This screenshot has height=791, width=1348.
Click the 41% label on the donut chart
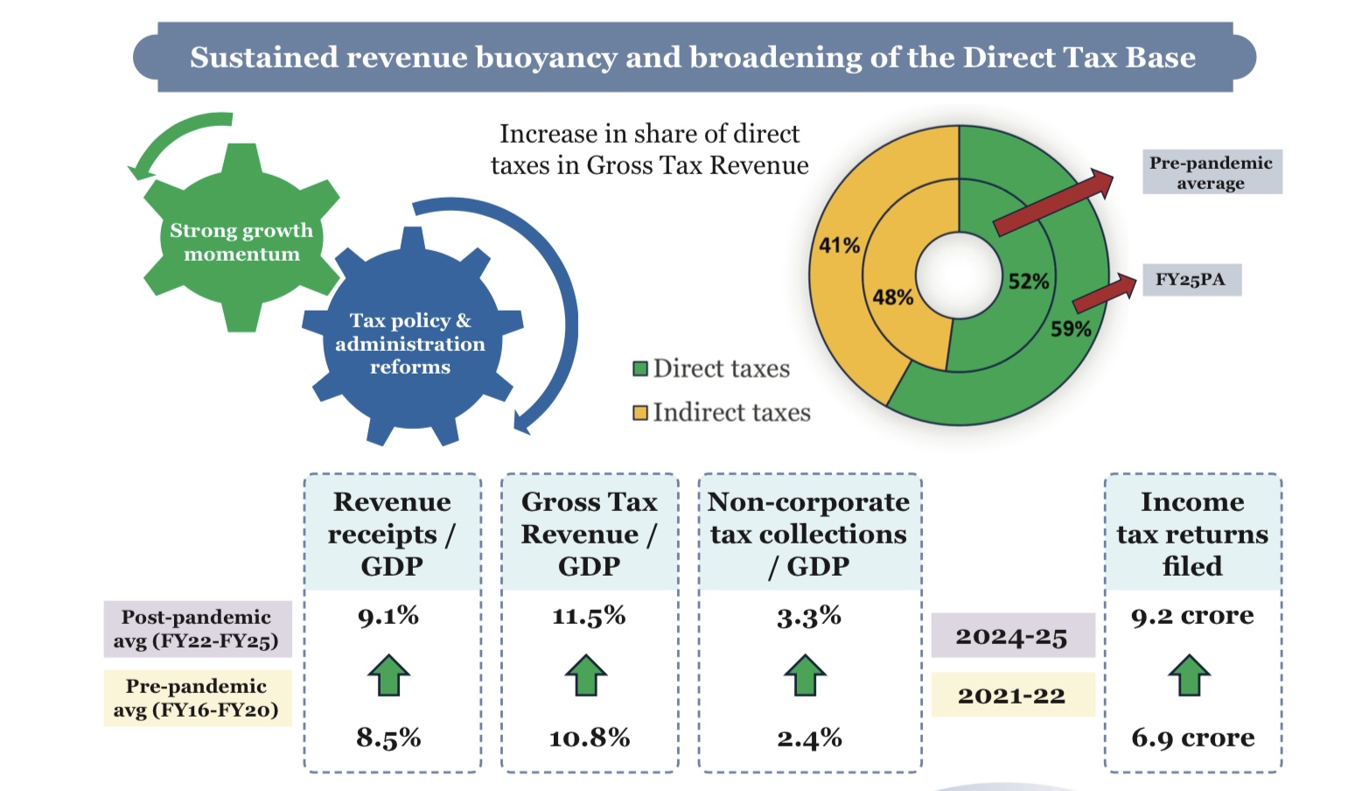point(839,245)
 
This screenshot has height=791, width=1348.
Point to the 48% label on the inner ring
point(892,297)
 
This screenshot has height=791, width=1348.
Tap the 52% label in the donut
point(1028,281)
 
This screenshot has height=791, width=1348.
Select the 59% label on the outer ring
point(1070,329)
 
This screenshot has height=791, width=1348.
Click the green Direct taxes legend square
point(640,368)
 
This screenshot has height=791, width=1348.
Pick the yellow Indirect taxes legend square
point(640,412)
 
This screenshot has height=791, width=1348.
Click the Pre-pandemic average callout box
point(1211,172)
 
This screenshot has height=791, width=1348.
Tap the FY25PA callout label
point(1191,280)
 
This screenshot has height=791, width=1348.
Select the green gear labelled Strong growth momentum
point(241,241)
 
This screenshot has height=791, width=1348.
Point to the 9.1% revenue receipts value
point(388,616)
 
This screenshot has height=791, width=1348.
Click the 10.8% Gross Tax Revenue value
point(589,738)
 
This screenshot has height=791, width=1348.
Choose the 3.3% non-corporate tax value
point(808,617)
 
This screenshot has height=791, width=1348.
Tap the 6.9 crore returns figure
point(1192,738)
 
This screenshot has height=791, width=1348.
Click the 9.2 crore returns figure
point(1191,616)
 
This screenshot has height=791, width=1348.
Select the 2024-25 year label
point(1011,636)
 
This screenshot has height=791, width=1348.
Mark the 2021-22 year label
point(1011,696)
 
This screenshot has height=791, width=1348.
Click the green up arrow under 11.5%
point(586,675)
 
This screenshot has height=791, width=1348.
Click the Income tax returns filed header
point(1192,534)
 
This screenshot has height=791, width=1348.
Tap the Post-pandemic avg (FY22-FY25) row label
point(196,629)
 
